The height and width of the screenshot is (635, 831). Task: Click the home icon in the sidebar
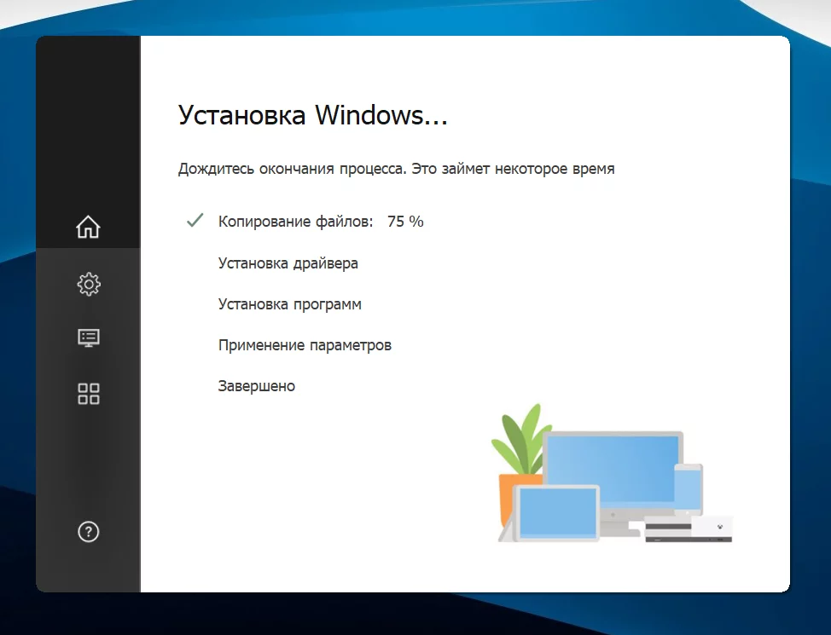(x=88, y=227)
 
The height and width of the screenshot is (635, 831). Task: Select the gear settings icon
(x=89, y=285)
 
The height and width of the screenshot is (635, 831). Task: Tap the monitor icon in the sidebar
(x=89, y=338)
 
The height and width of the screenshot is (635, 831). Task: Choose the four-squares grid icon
(x=89, y=394)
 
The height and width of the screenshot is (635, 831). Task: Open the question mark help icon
(x=89, y=532)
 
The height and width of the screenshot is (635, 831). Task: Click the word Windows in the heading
(x=381, y=115)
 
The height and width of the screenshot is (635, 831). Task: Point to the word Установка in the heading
(x=241, y=115)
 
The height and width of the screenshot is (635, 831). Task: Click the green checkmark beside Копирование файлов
(x=195, y=220)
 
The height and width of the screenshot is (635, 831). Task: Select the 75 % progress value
(x=405, y=222)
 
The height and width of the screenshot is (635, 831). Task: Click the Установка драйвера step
(x=288, y=263)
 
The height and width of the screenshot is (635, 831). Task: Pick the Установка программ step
(x=290, y=304)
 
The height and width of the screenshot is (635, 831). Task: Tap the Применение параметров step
(x=305, y=345)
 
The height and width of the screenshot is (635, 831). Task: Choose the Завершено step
(x=257, y=386)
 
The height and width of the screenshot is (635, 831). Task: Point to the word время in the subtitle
(x=594, y=169)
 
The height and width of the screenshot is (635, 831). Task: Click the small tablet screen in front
(x=558, y=512)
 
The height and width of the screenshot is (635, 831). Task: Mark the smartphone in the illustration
(x=688, y=489)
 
